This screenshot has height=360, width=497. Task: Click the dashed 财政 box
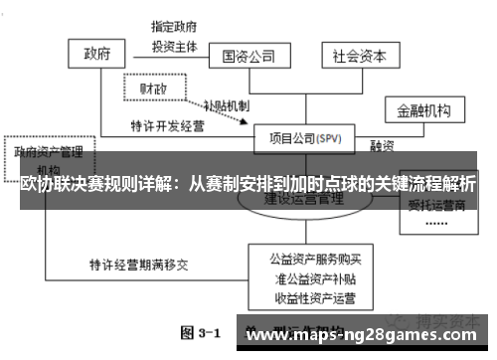154,89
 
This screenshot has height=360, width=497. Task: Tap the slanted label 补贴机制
226,105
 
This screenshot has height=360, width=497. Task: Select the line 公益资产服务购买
307,261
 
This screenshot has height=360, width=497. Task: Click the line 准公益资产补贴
307,279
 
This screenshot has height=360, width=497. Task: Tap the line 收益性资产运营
307,297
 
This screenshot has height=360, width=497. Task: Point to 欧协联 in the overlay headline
44,185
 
